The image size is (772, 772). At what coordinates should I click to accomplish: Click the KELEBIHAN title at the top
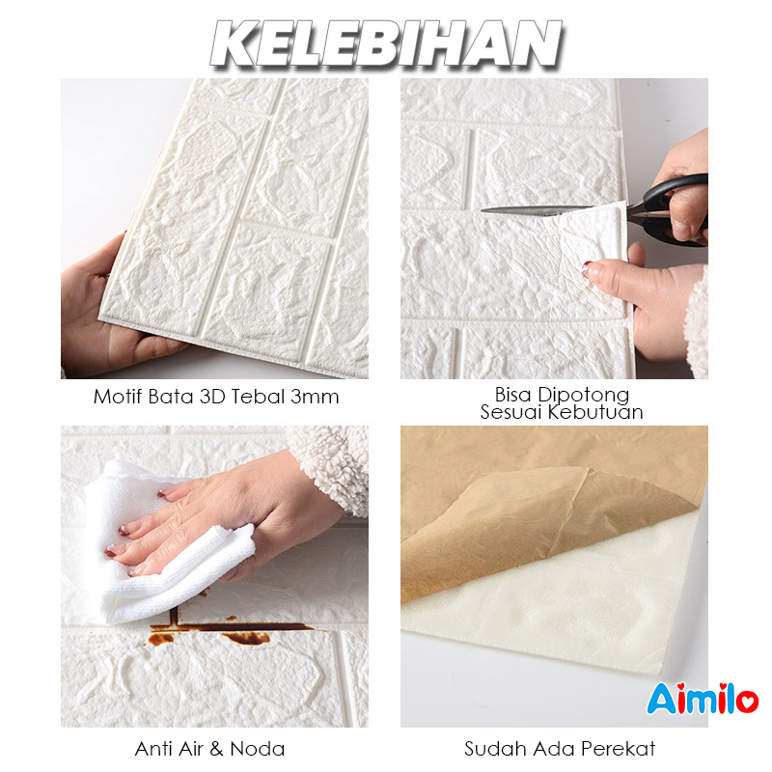pyautogui.click(x=387, y=43)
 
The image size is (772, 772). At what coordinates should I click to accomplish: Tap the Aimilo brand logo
pyautogui.click(x=703, y=698)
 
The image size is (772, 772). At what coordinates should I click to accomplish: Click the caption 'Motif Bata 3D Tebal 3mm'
pyautogui.click(x=216, y=397)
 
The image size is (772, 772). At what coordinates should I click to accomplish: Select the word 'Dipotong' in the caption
pyautogui.click(x=584, y=395)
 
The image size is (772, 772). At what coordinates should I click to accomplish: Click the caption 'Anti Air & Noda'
pyautogui.click(x=209, y=749)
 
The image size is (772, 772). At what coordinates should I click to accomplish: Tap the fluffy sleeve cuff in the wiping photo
pyautogui.click(x=330, y=468)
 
